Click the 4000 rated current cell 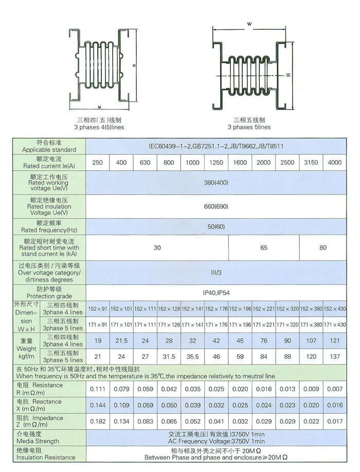(x=334, y=162)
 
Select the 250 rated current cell (x=97, y=162)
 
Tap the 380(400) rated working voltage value (x=216, y=184)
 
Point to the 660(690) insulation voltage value (x=216, y=207)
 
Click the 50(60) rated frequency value (x=216, y=226)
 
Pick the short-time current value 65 (x=264, y=247)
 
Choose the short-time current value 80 (x=323, y=247)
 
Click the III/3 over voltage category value (x=216, y=272)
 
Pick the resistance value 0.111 (x=97, y=389)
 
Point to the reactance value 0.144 (x=97, y=405)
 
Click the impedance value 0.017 (x=335, y=422)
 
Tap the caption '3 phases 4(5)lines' (x=99, y=126)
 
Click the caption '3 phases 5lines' (x=249, y=126)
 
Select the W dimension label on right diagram (x=249, y=24)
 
